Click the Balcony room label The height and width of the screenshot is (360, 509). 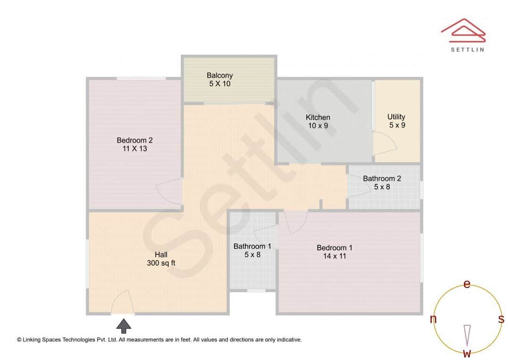point(220,75)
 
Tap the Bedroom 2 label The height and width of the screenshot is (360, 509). point(135,140)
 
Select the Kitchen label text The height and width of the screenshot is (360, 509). point(318,117)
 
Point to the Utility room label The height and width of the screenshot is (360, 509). point(396,117)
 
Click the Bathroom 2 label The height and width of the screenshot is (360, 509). point(382,179)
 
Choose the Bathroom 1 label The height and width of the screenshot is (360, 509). point(252,246)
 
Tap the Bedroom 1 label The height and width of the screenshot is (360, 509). point(335,248)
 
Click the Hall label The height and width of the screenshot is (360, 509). point(161,255)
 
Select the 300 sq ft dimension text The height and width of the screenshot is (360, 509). point(161,263)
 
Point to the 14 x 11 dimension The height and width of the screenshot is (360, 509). point(335,256)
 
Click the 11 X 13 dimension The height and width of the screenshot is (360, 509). point(135,148)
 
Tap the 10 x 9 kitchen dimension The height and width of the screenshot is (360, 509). point(318,126)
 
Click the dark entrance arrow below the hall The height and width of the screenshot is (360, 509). point(124,326)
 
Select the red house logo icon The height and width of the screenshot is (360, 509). point(463,30)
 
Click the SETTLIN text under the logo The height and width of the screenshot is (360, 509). point(467,49)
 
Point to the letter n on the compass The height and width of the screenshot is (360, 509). point(433,319)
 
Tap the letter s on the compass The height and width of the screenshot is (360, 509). point(501,319)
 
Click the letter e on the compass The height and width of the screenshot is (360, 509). point(467,284)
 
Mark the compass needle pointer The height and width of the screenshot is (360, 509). point(467,335)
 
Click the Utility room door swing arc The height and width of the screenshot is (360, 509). point(384,141)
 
